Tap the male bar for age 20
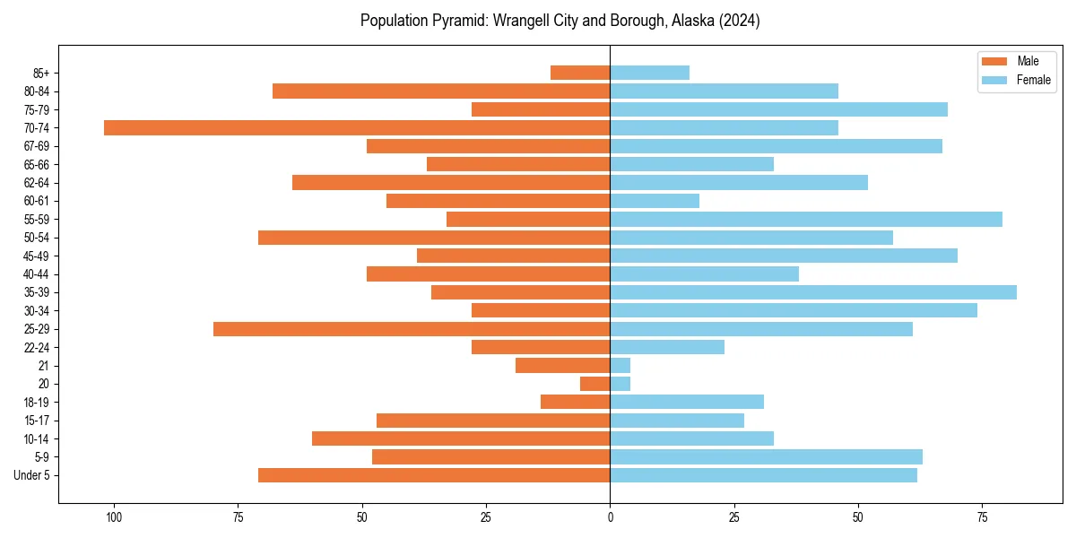[595, 384]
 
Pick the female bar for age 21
[620, 366]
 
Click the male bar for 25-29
[412, 329]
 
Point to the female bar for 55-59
[806, 220]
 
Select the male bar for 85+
[580, 73]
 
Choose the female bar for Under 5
[763, 475]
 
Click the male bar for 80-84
[441, 91]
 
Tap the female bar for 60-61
[655, 201]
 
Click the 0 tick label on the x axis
[610, 517]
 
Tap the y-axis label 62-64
[37, 183]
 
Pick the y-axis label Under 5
[32, 475]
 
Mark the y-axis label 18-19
[37, 403]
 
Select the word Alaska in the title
[689, 21]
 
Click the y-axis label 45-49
[37, 256]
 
